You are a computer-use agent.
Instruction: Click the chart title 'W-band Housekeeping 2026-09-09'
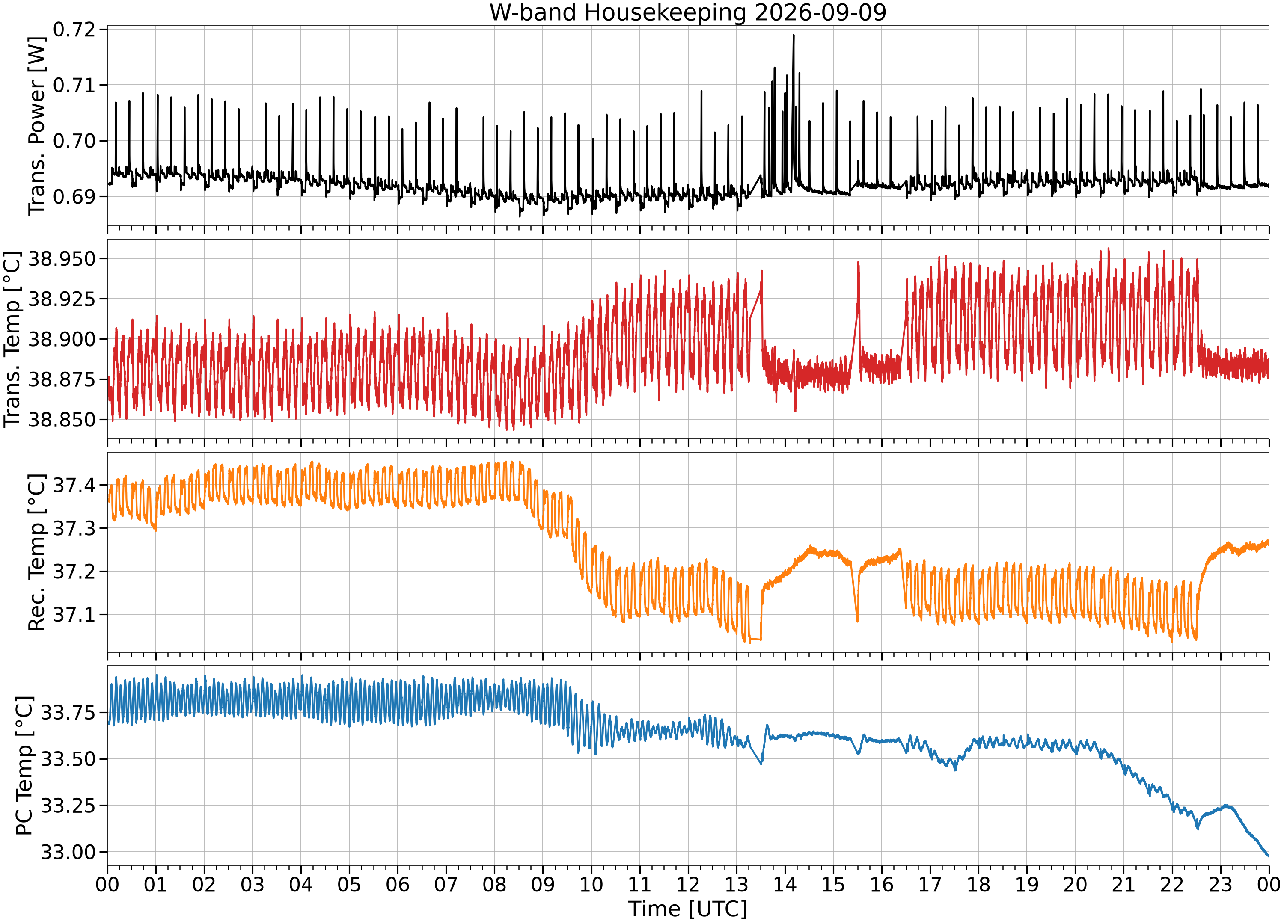pyautogui.click(x=687, y=12)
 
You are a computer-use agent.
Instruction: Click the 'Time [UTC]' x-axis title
pyautogui.click(x=687, y=909)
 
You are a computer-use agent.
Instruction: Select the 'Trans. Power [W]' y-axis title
pyautogui.click(x=36, y=126)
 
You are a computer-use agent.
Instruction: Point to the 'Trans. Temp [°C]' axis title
pyautogui.click(x=12, y=340)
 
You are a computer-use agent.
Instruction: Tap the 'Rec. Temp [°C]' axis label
pyautogui.click(x=36, y=552)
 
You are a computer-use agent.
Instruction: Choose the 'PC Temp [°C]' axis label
pyautogui.click(x=24, y=766)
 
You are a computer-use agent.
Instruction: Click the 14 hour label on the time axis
pyautogui.click(x=785, y=884)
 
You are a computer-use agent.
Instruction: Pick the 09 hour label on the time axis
pyautogui.click(x=543, y=884)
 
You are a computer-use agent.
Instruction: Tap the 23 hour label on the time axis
pyautogui.click(x=1221, y=884)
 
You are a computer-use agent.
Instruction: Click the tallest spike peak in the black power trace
pyautogui.click(x=793, y=35)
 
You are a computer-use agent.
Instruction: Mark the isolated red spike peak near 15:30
pyautogui.click(x=858, y=262)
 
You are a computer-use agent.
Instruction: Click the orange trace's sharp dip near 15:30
pyautogui.click(x=857, y=621)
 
